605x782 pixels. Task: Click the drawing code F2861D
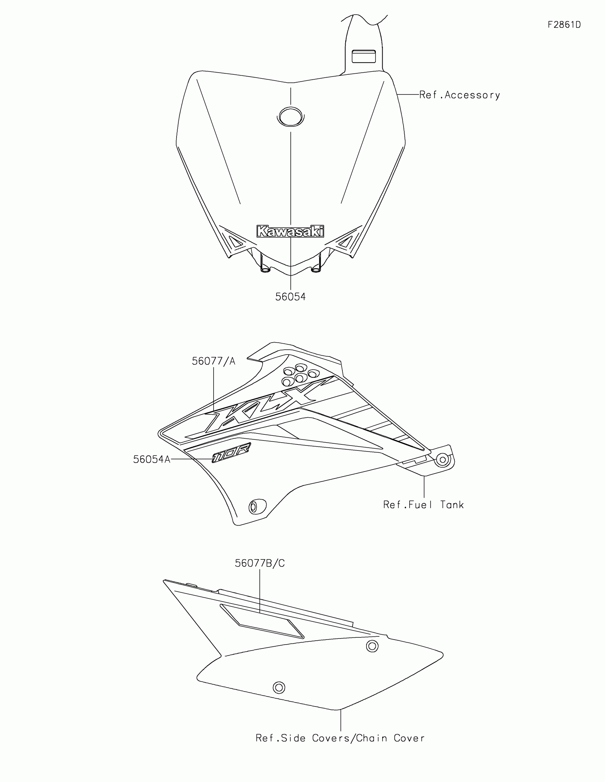pyautogui.click(x=564, y=25)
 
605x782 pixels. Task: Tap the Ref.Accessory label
pyautogui.click(x=459, y=95)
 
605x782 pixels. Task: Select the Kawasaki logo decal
pyautogui.click(x=290, y=231)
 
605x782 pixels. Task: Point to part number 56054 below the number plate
pyautogui.click(x=290, y=297)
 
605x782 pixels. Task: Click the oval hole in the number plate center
pyautogui.click(x=290, y=116)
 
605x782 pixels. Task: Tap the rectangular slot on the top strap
pyautogui.click(x=363, y=57)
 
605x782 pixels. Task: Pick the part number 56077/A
pyautogui.click(x=214, y=361)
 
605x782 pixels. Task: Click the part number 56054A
pyautogui.click(x=152, y=459)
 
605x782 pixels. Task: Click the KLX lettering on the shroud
pyautogui.click(x=261, y=408)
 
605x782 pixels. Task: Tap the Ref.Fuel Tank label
pyautogui.click(x=423, y=505)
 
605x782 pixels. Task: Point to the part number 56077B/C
pyautogui.click(x=260, y=563)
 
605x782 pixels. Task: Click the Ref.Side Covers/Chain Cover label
pyautogui.click(x=340, y=738)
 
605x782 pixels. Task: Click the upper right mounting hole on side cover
pyautogui.click(x=372, y=646)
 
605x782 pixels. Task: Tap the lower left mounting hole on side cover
pyautogui.click(x=279, y=688)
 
